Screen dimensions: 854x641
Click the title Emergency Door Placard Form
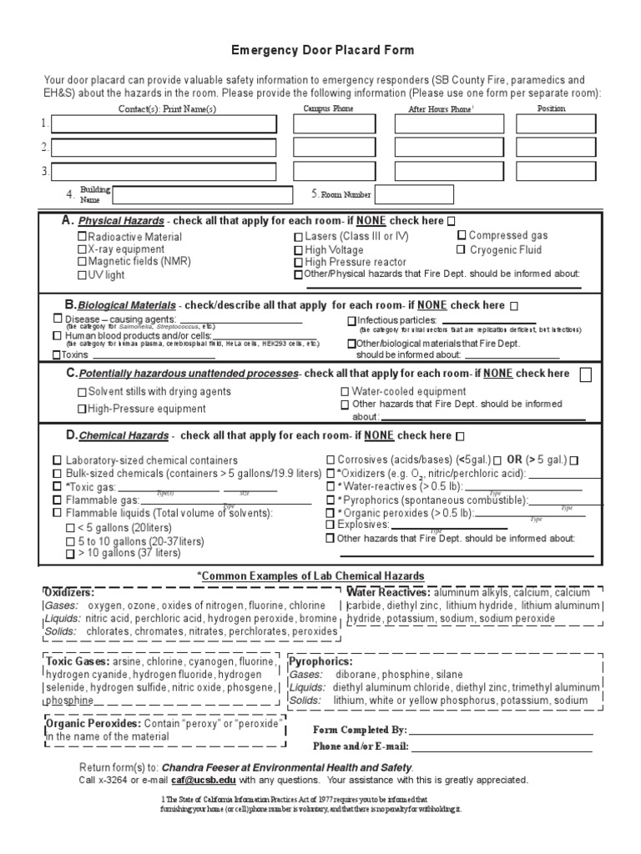pyautogui.click(x=321, y=50)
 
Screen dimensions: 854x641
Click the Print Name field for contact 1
pyautogui.click(x=163, y=124)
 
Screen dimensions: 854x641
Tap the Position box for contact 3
pyautogui.click(x=555, y=172)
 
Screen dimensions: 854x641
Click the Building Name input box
pyautogui.click(x=202, y=195)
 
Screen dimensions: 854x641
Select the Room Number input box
pyautogui.click(x=414, y=194)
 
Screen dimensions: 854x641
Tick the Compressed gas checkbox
pyautogui.click(x=461, y=236)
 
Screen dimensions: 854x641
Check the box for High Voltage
pyautogui.click(x=298, y=250)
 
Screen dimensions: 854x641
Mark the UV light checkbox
pyautogui.click(x=82, y=275)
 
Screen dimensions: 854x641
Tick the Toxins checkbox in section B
pyautogui.click(x=57, y=354)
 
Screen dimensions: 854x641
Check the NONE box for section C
pyautogui.click(x=586, y=374)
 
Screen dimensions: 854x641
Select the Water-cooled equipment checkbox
pyautogui.click(x=345, y=392)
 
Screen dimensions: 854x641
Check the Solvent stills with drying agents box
pyautogui.click(x=82, y=392)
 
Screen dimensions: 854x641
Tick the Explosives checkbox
pyautogui.click(x=330, y=525)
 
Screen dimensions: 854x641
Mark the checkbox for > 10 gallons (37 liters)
pyautogui.click(x=70, y=553)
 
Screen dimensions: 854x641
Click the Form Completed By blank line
pyautogui.click(x=501, y=730)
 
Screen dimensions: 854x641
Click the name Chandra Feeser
pyautogui.click(x=204, y=767)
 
